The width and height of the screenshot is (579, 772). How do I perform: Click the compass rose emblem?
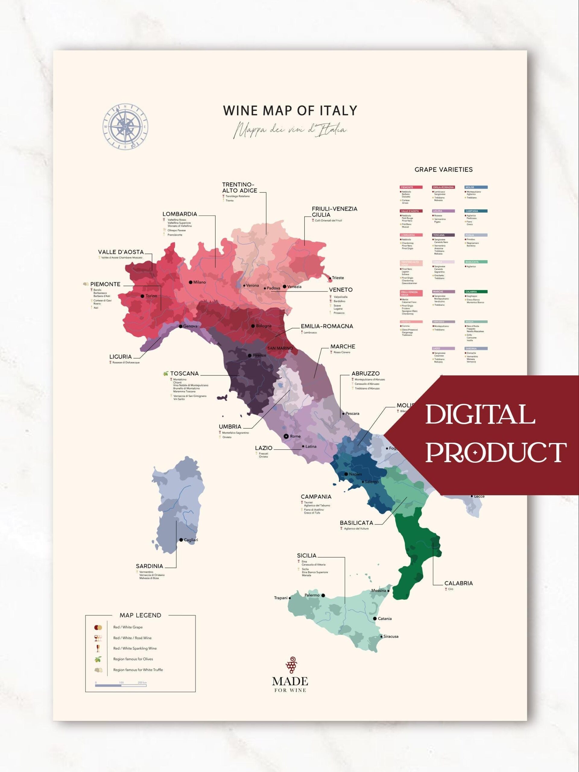[x=125, y=127]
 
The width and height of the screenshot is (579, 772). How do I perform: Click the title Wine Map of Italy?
[x=290, y=111]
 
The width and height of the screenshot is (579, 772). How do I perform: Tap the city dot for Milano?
[x=191, y=282]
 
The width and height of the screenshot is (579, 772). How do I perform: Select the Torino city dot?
[x=142, y=296]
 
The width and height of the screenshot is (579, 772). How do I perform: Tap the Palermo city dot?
[x=323, y=595]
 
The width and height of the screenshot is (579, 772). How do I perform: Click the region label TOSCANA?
[x=184, y=373]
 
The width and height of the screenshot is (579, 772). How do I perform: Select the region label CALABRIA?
[x=458, y=583]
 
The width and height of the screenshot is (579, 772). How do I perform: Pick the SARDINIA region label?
[x=149, y=566]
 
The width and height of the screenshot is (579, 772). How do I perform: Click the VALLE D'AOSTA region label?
[x=120, y=252]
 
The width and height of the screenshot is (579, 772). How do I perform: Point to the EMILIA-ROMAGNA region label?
[x=327, y=326]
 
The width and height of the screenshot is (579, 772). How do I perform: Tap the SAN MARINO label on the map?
[x=280, y=348]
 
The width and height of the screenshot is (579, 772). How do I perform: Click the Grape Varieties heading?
[x=443, y=169]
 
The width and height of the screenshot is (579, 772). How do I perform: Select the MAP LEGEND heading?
[x=140, y=615]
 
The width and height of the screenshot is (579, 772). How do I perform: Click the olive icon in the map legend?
[x=98, y=659]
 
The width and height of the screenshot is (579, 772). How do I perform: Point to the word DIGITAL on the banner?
[x=480, y=415]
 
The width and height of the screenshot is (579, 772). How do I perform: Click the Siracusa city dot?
[x=381, y=636]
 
